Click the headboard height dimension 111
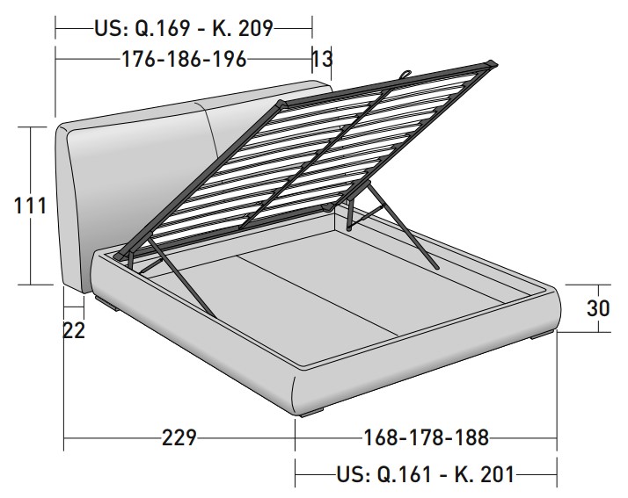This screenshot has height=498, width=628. (30, 206)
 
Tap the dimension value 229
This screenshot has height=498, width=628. (179, 437)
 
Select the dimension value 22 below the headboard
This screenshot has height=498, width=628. (74, 330)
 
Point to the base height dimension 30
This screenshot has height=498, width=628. (598, 308)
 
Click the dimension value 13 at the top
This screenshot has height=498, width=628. (322, 59)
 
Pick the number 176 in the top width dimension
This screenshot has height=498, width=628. (138, 59)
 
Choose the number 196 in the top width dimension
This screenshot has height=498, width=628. (230, 59)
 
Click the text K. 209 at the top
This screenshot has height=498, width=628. (243, 28)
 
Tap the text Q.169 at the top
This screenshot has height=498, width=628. (162, 28)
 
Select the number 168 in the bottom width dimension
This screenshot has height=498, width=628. (380, 437)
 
